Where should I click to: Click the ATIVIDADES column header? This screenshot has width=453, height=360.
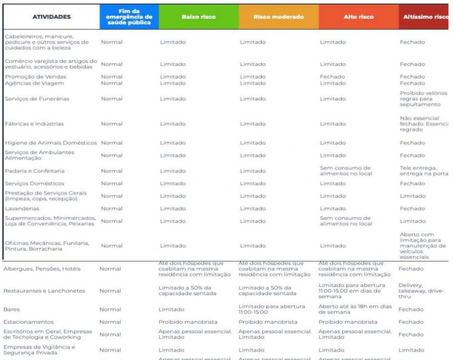[51, 17]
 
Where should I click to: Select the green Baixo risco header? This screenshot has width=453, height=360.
[199, 17]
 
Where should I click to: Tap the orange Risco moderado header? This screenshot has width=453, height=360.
[279, 17]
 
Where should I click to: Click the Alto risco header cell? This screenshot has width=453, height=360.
[358, 17]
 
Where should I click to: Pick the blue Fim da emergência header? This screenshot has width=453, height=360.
[129, 17]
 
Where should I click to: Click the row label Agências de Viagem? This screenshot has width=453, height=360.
[35, 83]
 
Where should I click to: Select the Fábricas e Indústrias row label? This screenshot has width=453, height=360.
[35, 124]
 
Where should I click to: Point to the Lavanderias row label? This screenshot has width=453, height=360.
[22, 208]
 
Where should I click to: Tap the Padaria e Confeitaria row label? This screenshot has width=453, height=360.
[35, 171]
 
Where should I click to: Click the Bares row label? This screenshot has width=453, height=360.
[12, 310]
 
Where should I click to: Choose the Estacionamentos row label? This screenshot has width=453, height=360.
[29, 322]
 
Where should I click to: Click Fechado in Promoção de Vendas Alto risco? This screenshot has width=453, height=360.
[332, 77]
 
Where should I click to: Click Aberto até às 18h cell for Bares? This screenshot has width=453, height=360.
[355, 309]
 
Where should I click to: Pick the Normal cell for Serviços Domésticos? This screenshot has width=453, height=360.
[111, 184]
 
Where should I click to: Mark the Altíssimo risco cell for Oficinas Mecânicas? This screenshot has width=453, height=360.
[422, 245]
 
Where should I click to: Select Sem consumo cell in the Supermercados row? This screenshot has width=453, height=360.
[346, 221]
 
